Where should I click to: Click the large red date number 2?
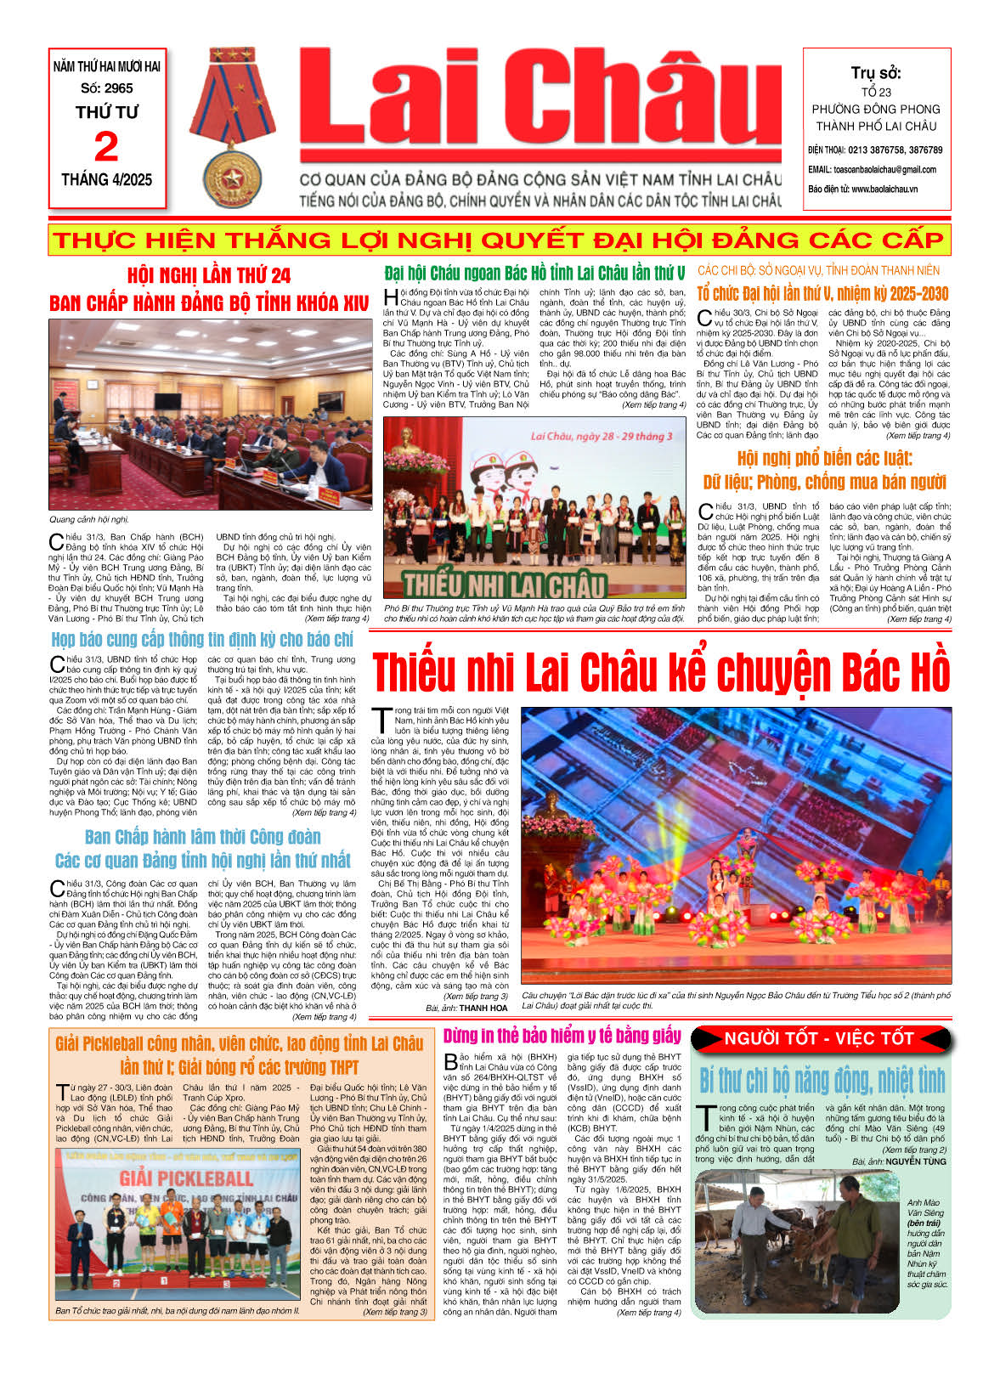[x=106, y=147]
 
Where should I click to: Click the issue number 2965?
[x=118, y=88]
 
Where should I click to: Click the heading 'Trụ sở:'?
[x=876, y=73]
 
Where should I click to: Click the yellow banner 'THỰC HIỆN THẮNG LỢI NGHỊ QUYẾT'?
[x=499, y=240]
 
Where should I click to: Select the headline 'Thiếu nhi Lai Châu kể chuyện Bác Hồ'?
[x=661, y=672]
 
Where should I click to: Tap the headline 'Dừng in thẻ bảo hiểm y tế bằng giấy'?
[x=562, y=1036]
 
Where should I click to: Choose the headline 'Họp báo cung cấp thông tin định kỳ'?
[x=202, y=639]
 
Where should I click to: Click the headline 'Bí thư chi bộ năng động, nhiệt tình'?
[x=822, y=1081]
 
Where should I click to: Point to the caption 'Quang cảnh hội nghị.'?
[x=90, y=519]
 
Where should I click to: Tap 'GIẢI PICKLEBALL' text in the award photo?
[x=185, y=1178]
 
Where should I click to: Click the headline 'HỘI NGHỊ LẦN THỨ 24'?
[x=209, y=275]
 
